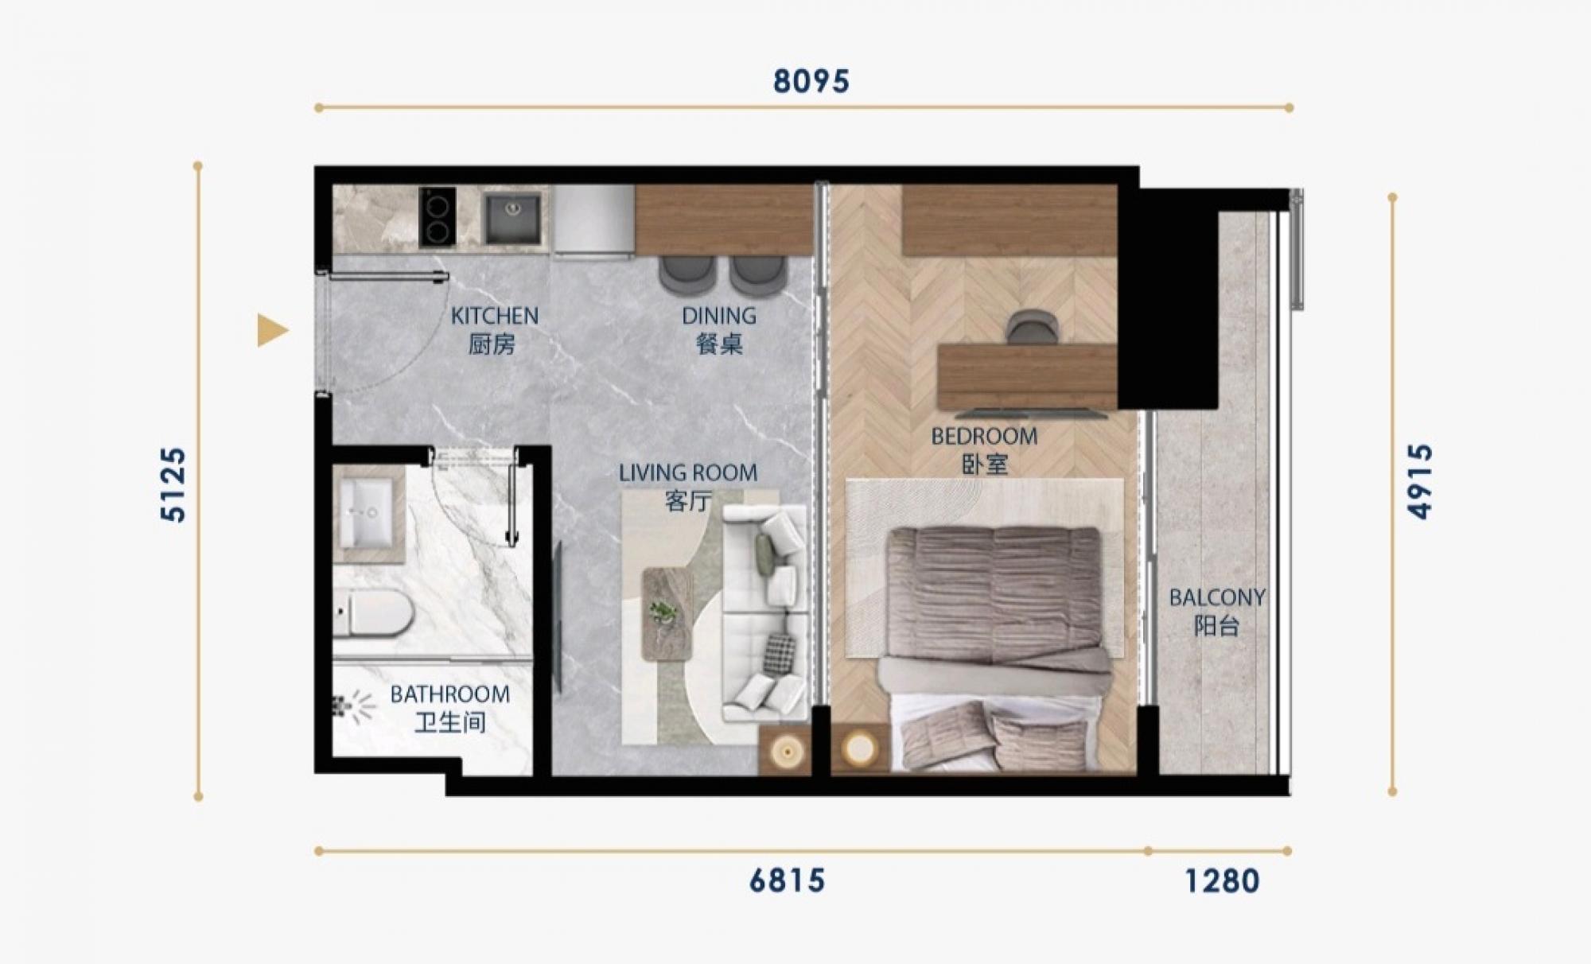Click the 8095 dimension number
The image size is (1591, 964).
pos(811,81)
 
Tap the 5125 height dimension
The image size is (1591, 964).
pos(173,484)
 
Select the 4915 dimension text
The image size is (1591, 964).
pos(1420,481)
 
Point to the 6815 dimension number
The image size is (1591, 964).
pos(787,881)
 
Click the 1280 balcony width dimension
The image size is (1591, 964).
pos(1222,881)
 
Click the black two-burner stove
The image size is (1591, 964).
pos(438,216)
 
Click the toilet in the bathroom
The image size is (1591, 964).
pos(373,612)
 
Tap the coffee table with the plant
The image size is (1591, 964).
pos(667,613)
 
